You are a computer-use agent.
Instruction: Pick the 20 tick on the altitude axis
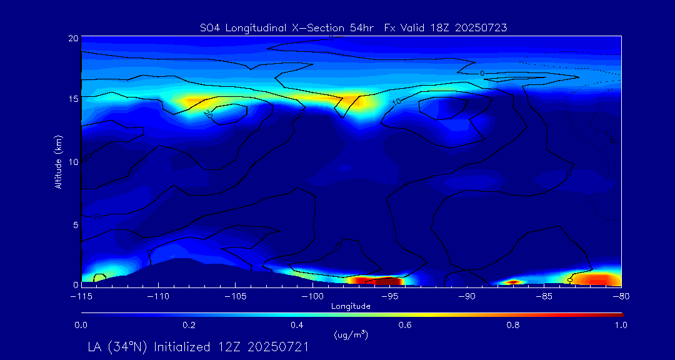[x=72, y=38]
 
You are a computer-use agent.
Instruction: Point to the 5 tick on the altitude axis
[x=75, y=223]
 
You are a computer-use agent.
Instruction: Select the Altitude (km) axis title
[x=58, y=161]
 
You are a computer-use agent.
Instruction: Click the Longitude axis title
[x=351, y=306]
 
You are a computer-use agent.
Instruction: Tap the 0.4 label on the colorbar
[x=297, y=325]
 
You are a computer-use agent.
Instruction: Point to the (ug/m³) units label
[x=351, y=335]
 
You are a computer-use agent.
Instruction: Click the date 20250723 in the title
[x=484, y=27]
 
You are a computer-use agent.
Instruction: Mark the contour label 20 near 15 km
[x=208, y=114]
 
